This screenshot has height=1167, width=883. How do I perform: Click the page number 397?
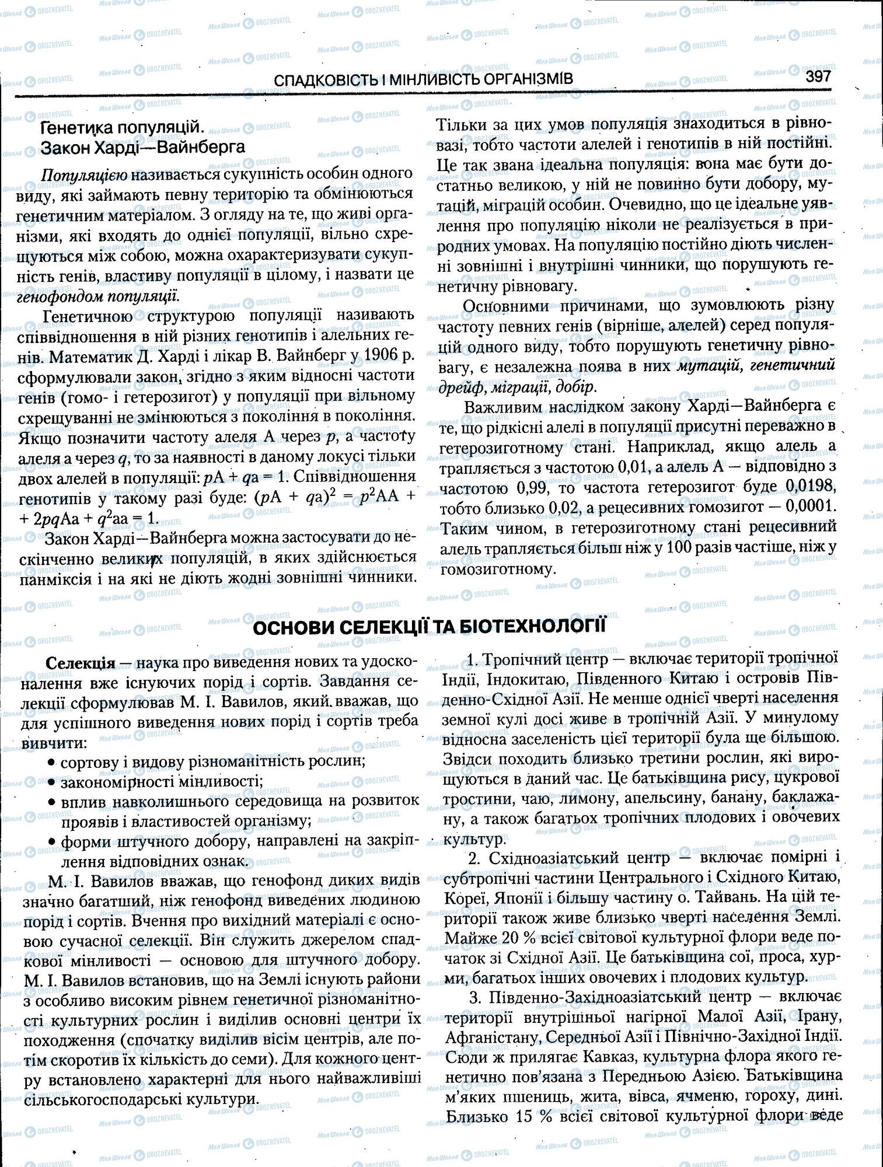tap(818, 76)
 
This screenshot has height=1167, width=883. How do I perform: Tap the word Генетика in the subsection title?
tap(75, 128)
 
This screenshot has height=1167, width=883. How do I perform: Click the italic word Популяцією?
tap(85, 174)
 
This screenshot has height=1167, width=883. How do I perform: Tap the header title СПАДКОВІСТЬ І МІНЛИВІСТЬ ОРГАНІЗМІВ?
tap(423, 79)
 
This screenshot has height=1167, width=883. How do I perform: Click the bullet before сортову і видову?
tap(53, 762)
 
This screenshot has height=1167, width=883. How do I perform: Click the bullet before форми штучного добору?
tap(53, 842)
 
